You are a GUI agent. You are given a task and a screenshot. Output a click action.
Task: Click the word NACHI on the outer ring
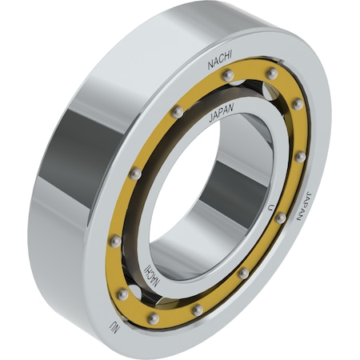pos(220,61)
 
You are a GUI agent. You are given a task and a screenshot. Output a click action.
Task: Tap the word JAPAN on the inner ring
pos(222,113)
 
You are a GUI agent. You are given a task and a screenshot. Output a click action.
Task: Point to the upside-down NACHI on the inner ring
pos(153,276)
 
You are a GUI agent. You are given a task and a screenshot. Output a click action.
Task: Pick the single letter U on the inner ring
pos(271,207)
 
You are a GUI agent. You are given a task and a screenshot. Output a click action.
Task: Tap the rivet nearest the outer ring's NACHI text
pos(228,75)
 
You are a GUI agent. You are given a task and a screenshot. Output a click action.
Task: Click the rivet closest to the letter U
pos(281,218)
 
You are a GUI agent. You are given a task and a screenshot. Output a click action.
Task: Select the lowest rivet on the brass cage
pos(154,318)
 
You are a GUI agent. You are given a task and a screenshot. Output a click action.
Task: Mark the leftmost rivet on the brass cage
pos(116,242)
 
